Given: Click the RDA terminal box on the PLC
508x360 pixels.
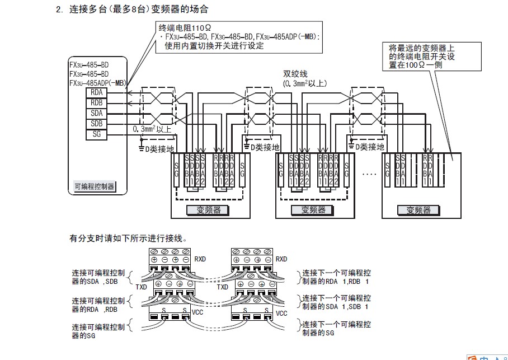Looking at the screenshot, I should [x=95, y=92].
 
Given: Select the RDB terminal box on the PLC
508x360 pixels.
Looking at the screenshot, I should [x=95, y=102].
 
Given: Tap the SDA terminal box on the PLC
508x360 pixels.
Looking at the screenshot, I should [x=95, y=113].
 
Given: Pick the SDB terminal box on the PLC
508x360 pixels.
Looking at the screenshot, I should [x=95, y=124].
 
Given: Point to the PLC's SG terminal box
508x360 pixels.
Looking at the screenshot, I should [x=95, y=134].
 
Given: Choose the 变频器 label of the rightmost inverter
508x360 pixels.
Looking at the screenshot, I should [x=418, y=210].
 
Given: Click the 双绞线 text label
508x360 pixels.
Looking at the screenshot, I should [x=295, y=74].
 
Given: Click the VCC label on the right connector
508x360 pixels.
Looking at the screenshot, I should [x=281, y=314].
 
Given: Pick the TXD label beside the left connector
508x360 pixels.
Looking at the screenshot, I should [x=142, y=287].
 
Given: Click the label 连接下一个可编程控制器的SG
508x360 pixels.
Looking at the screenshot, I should [x=336, y=329].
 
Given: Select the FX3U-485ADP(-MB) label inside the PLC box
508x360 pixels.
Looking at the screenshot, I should [x=97, y=83].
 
